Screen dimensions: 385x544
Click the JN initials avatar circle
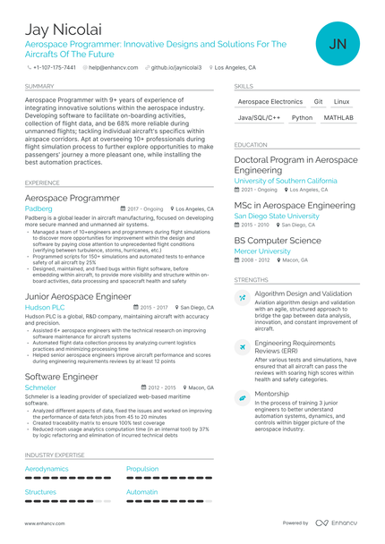pos(338,43)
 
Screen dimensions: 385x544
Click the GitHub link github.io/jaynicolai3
pos(175,67)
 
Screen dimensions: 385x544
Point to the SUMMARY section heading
pos(39,86)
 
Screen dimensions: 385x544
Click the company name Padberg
pos(38,208)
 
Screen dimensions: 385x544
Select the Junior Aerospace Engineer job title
pos(78,295)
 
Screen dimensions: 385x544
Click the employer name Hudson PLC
pos(45,307)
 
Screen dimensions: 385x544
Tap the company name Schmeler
pos(40,387)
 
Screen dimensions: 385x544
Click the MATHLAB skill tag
pos(338,117)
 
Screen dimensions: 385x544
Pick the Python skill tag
pos(302,117)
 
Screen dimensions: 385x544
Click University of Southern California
pos(286,180)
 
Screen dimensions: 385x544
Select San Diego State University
pos(277,216)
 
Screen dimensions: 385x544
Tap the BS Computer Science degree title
pos(278,241)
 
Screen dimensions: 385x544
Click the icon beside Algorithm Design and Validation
pos(243,297)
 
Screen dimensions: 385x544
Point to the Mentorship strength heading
pos(272,393)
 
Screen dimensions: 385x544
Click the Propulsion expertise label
pos(142,468)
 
